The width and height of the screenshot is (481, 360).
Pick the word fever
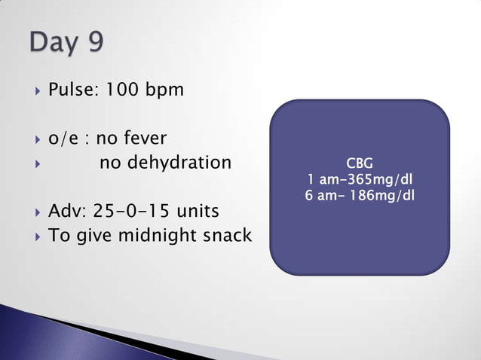[144, 139]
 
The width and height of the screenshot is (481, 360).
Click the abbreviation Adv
[66, 211]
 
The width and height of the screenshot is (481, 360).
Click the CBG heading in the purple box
[359, 163]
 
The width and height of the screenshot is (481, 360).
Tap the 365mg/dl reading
[375, 180]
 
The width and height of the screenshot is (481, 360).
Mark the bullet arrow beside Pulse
[34, 91]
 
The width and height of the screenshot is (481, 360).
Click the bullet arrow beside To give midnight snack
[34, 236]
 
